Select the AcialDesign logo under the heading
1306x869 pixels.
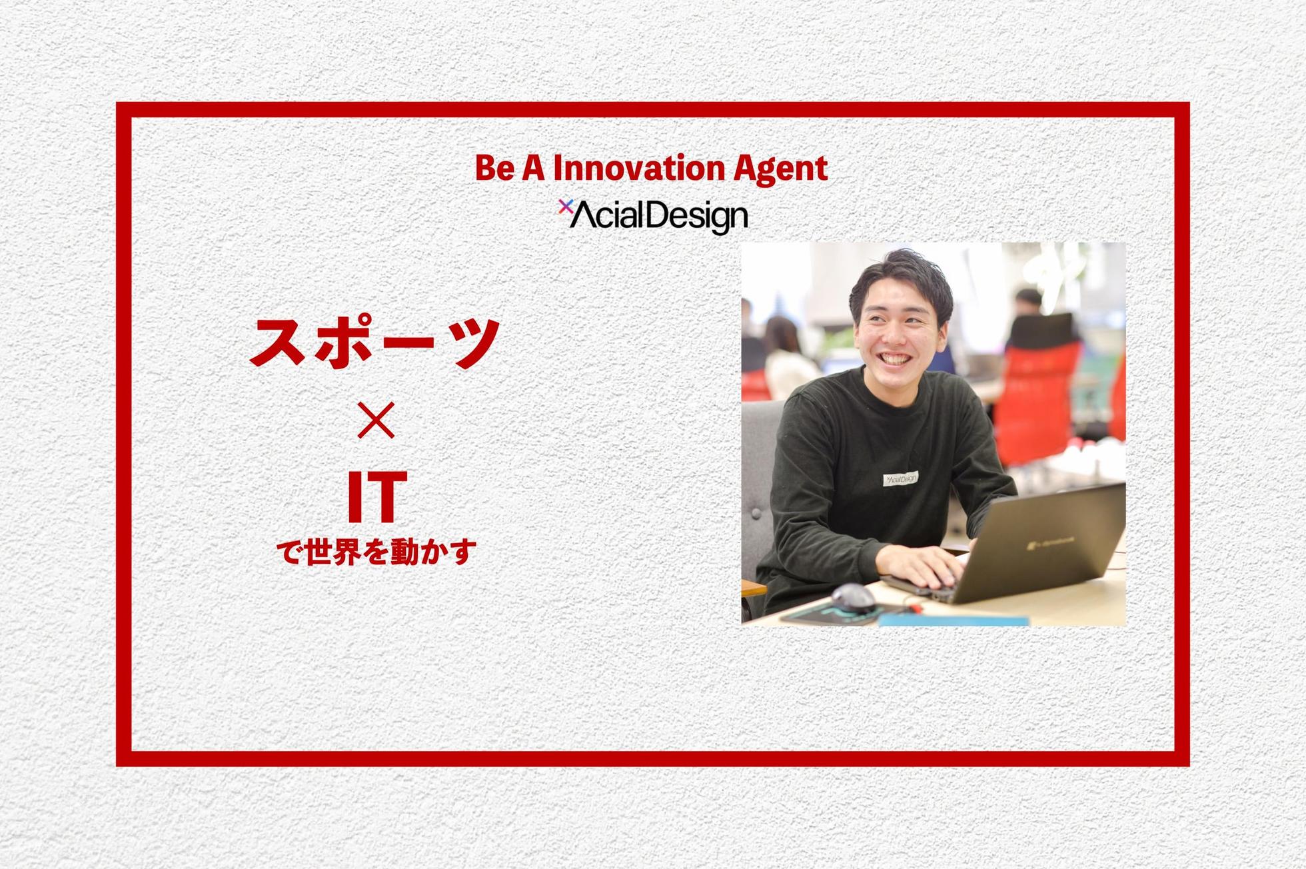[x=653, y=216]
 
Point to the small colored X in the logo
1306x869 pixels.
[x=565, y=206]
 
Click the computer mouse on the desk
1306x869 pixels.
[x=852, y=598]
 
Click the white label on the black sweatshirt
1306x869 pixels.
[x=900, y=478]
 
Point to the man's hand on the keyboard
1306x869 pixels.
[x=926, y=567]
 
